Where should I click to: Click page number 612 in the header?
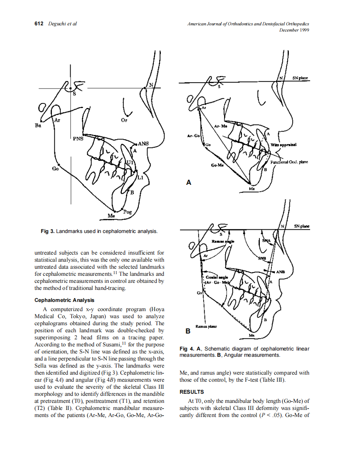[x=39, y=24]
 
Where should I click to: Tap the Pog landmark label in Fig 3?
[x=127, y=212]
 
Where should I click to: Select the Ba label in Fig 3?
[x=38, y=125]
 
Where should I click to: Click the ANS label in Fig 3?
[x=143, y=144]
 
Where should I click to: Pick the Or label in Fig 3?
[x=124, y=120]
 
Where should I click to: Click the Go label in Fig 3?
[x=55, y=169]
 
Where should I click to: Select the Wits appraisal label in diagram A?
[x=283, y=145]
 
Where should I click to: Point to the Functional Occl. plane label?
[x=288, y=162]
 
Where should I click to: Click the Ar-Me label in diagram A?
[x=220, y=126]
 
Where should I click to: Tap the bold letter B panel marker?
[x=188, y=331]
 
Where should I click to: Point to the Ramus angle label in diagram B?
[x=223, y=241]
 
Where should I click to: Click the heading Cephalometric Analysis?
[x=64, y=300]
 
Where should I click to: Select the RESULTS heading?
[x=192, y=392]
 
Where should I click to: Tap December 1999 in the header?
[x=294, y=30]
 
